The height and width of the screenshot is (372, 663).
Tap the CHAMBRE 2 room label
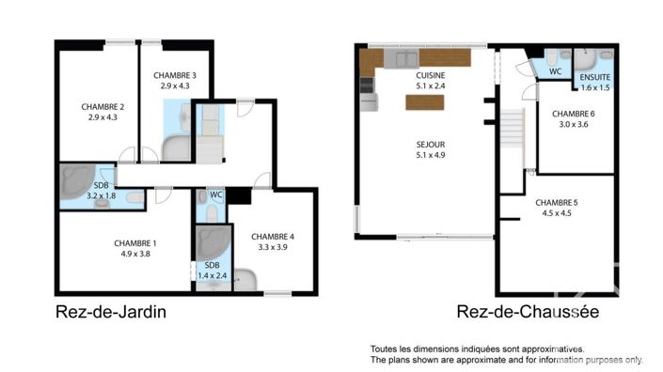coord(103,106)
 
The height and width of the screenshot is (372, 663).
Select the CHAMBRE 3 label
coord(175,75)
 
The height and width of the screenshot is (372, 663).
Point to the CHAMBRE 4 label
coord(274,236)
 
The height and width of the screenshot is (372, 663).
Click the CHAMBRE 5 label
coord(557,202)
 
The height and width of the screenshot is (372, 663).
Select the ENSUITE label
coord(594,77)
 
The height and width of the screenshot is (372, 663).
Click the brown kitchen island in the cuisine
coord(425,103)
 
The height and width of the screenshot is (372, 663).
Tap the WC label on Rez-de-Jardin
coord(215,194)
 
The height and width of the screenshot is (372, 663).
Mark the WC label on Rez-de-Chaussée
coord(555,70)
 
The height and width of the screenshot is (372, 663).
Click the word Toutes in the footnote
coord(387,348)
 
